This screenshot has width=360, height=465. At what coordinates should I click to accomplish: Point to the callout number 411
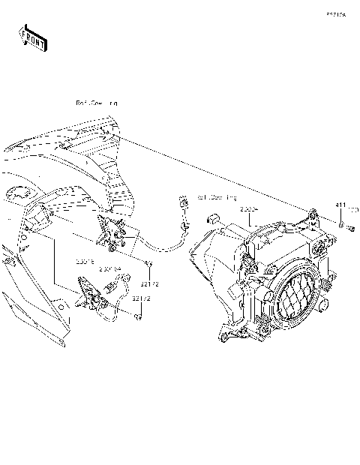click(x=340, y=205)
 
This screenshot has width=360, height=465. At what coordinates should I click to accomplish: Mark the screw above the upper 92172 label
click(x=149, y=263)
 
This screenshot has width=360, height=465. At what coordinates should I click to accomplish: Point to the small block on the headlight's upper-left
click(x=212, y=218)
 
